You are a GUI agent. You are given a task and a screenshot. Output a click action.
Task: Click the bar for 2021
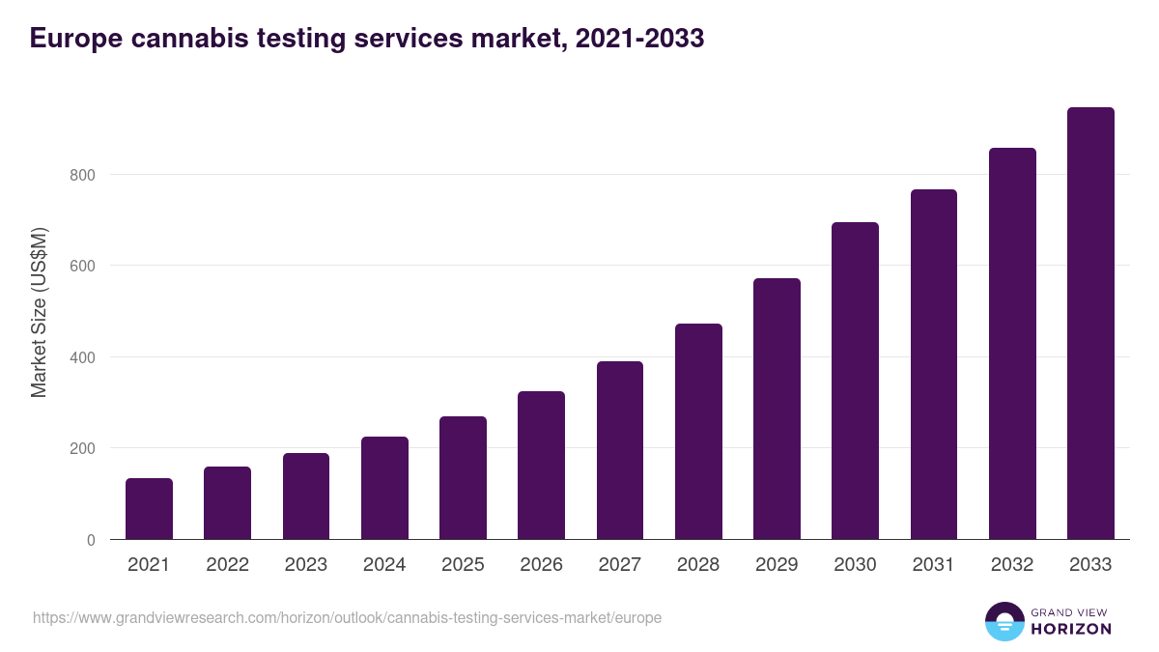click(149, 509)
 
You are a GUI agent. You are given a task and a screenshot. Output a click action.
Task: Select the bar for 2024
click(384, 488)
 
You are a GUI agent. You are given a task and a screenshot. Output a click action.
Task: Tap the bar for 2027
click(620, 450)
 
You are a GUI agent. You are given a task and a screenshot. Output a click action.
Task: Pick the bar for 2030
click(855, 381)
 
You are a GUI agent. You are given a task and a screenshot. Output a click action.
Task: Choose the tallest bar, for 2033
click(1090, 324)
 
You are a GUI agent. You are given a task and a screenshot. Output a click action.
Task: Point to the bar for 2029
click(777, 409)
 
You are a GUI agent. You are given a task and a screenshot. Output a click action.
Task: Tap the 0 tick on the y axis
click(91, 540)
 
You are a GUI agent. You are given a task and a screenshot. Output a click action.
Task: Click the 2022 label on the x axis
click(227, 565)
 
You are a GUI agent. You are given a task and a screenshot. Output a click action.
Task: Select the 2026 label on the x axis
click(541, 565)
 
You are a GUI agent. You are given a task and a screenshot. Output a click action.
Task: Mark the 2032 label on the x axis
click(1012, 565)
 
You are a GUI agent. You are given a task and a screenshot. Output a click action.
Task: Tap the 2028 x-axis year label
click(698, 565)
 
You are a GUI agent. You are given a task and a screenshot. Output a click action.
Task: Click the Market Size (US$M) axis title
click(39, 311)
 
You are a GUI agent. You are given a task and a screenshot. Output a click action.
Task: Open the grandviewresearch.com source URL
click(347, 617)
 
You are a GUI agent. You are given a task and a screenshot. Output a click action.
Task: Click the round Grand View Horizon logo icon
click(1004, 621)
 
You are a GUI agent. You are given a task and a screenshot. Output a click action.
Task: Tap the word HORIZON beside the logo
click(1071, 629)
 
